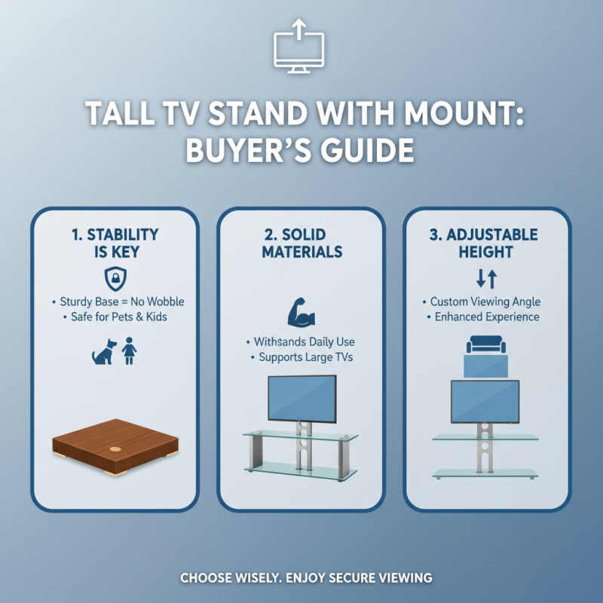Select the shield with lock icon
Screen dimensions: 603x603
coord(115,277)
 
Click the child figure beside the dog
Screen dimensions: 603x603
coord(129,350)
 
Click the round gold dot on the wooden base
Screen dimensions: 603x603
coord(115,449)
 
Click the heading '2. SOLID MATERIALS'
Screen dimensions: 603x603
coord(301,243)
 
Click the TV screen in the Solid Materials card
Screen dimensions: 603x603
coord(302,399)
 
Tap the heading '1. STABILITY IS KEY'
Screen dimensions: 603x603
coord(115,243)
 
